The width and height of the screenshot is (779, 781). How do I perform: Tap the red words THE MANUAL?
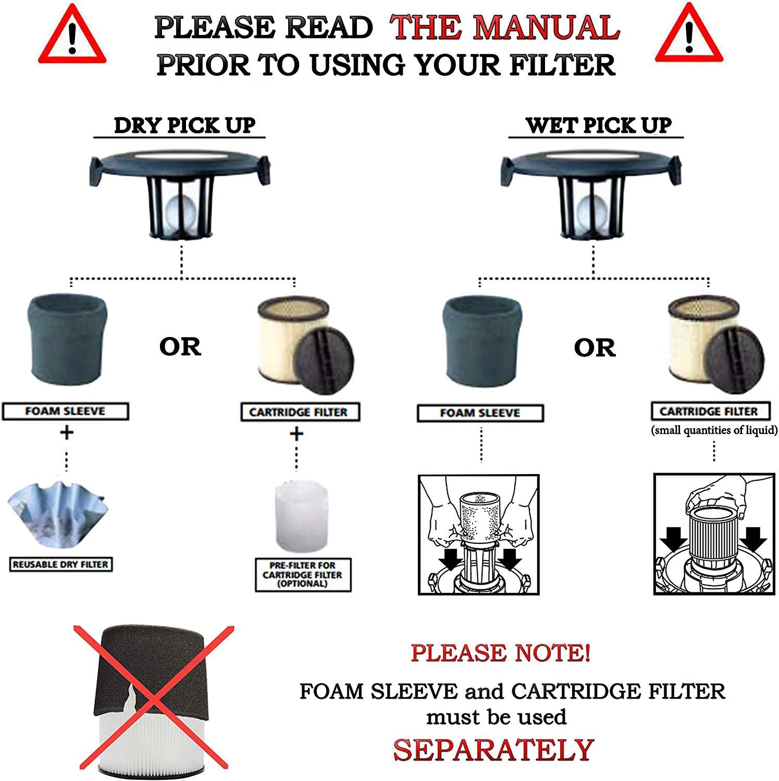tap(505, 27)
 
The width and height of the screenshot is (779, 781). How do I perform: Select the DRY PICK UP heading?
tap(184, 125)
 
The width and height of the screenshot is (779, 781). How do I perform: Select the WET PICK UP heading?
tap(599, 125)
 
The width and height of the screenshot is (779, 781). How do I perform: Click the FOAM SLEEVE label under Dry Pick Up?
tap(65, 411)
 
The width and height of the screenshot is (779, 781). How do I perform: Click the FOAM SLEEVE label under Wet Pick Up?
tap(480, 413)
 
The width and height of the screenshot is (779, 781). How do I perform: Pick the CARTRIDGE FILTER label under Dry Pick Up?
tap(300, 412)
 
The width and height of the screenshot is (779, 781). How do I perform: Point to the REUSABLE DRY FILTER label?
tap(60, 564)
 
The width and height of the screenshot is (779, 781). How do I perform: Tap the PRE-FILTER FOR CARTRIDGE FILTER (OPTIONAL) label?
tap(303, 575)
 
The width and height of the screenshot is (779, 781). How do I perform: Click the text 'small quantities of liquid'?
tap(714, 430)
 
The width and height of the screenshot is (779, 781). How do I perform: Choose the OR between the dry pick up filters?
tap(180, 347)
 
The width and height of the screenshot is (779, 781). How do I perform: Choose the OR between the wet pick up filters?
tap(595, 348)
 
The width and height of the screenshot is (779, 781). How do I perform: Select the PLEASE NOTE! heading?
tap(500, 653)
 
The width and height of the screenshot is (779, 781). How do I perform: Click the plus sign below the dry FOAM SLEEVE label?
tap(66, 432)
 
